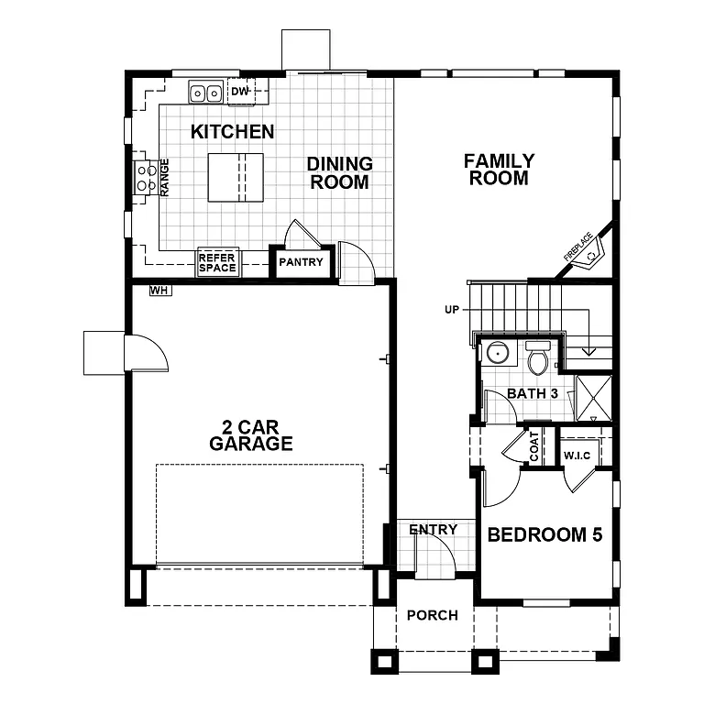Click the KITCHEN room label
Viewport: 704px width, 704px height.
[x=232, y=132]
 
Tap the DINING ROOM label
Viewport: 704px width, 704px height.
[x=339, y=172]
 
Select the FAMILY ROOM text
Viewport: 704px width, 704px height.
[x=499, y=170]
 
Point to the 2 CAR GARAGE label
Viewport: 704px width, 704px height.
[x=250, y=435]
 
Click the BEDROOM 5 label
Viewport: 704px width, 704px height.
[x=544, y=535]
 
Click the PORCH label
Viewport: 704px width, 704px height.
[x=432, y=615]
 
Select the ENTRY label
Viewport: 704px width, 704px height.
[x=433, y=530]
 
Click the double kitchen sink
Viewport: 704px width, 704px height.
[x=205, y=93]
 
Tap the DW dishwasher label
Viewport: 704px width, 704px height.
[x=238, y=92]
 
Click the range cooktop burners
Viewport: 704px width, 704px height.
[x=145, y=177]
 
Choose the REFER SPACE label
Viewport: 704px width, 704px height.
[x=217, y=263]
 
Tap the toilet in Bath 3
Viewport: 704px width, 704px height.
[x=538, y=358]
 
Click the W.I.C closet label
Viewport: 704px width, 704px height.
[x=577, y=456]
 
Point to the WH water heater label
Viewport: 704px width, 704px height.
[x=159, y=291]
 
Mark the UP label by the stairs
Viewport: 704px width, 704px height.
[x=451, y=310]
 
